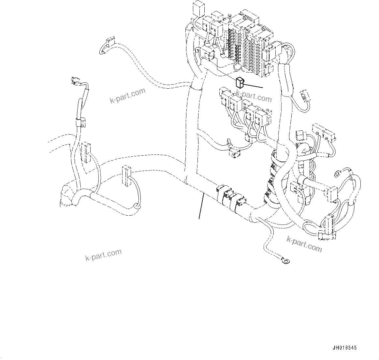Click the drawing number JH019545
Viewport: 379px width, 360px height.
344,348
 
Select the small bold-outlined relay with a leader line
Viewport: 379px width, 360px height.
240,83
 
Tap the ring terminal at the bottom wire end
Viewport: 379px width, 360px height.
286,260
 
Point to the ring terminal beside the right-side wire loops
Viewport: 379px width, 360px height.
339,173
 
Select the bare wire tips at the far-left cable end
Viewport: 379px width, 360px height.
75,79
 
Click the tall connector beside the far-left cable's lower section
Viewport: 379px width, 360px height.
86,152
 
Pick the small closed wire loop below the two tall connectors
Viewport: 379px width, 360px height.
136,206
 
